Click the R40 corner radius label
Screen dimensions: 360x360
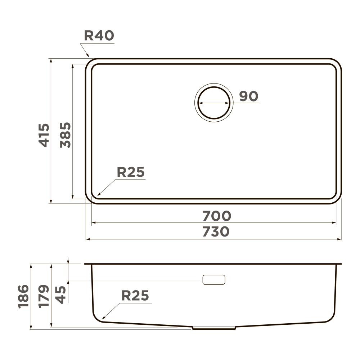coord(99,35)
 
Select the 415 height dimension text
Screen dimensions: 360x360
coord(44,135)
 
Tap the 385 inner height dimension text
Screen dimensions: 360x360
coord(66,135)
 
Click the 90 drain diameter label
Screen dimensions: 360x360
coord(249,96)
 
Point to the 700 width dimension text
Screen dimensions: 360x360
coord(216,216)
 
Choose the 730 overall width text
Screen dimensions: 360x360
coord(216,232)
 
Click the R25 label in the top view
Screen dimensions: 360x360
coord(130,172)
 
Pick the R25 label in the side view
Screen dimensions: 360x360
coord(135,296)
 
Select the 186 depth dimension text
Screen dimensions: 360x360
coord(23,296)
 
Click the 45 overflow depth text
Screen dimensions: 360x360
coord(60,294)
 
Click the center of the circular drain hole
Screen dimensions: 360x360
coord(214,103)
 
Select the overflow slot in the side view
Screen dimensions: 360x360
coord(214,280)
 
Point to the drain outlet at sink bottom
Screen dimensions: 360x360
coord(214,328)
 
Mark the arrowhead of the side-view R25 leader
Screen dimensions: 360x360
coord(103,319)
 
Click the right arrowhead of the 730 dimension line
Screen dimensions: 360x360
coord(340,239)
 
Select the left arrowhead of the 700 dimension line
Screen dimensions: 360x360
coord(93,223)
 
